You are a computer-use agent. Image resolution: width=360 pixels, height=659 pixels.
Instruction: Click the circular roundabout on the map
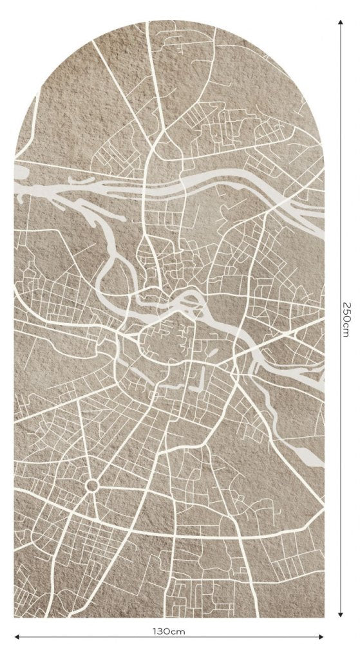pyautogui.click(x=91, y=485)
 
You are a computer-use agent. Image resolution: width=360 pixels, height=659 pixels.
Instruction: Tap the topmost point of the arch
pyautogui.click(x=169, y=21)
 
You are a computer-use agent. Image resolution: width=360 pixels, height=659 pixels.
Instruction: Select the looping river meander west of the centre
pyautogui.click(x=109, y=270)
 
